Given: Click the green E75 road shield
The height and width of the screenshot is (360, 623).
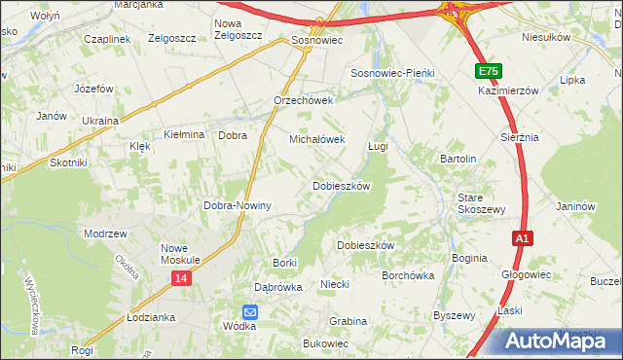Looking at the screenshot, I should coord(489,72).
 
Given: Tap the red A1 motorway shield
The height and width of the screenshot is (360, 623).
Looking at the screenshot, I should coord(523,238).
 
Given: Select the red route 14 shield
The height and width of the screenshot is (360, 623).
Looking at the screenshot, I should coord(182,278).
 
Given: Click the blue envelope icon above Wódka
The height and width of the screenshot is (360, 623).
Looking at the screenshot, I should coord(250,311).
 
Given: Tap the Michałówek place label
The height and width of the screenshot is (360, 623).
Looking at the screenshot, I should coord(317,139).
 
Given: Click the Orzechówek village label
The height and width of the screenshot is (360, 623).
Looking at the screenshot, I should coord(304,100).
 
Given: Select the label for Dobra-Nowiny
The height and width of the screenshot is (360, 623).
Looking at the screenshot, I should coord(237,206).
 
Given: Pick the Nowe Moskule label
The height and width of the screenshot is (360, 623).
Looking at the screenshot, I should coord(180,254).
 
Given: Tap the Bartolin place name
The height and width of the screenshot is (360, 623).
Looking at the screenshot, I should coord(458,159).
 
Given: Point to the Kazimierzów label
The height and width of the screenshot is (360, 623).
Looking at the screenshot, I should coord(508,90).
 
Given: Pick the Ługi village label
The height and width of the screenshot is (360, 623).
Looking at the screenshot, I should coord(379,146).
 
